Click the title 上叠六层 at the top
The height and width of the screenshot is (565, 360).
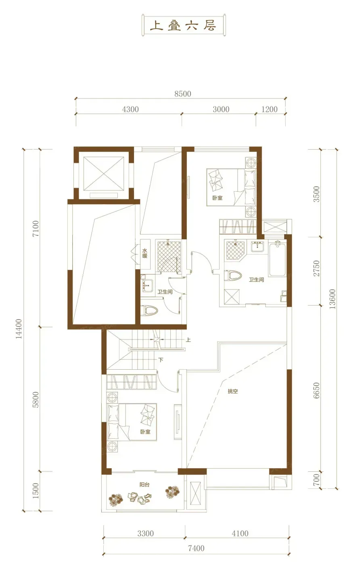183,25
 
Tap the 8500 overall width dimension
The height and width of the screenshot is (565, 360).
183,94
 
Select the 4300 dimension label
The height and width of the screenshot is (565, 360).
130,109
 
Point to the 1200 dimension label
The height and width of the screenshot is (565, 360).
270,109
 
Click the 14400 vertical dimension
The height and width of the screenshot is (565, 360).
19,329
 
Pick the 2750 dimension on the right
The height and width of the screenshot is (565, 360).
316,268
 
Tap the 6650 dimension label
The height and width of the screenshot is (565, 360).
316,391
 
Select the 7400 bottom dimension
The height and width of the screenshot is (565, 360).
196,548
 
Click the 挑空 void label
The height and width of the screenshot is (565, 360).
232,391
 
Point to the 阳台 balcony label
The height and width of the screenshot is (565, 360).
144,485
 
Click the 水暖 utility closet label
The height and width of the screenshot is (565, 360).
145,253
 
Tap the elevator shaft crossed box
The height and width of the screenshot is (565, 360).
104,173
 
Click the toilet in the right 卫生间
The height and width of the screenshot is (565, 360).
233,275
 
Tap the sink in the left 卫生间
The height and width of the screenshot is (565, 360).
148,286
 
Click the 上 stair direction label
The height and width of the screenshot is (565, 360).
188,340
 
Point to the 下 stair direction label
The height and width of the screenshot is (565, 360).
161,360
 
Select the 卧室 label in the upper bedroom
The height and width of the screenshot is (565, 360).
217,198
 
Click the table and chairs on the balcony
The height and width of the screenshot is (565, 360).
140,497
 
